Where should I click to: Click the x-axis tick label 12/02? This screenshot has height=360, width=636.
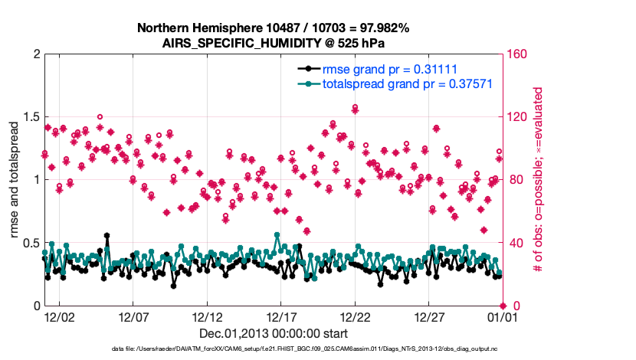(x=59, y=316)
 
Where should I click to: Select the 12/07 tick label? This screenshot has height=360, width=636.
(x=133, y=316)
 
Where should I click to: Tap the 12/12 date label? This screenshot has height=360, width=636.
(x=207, y=316)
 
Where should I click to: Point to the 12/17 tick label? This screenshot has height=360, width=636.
(x=281, y=316)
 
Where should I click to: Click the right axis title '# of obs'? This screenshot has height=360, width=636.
(x=538, y=180)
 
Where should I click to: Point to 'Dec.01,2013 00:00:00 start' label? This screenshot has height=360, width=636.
(x=274, y=333)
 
